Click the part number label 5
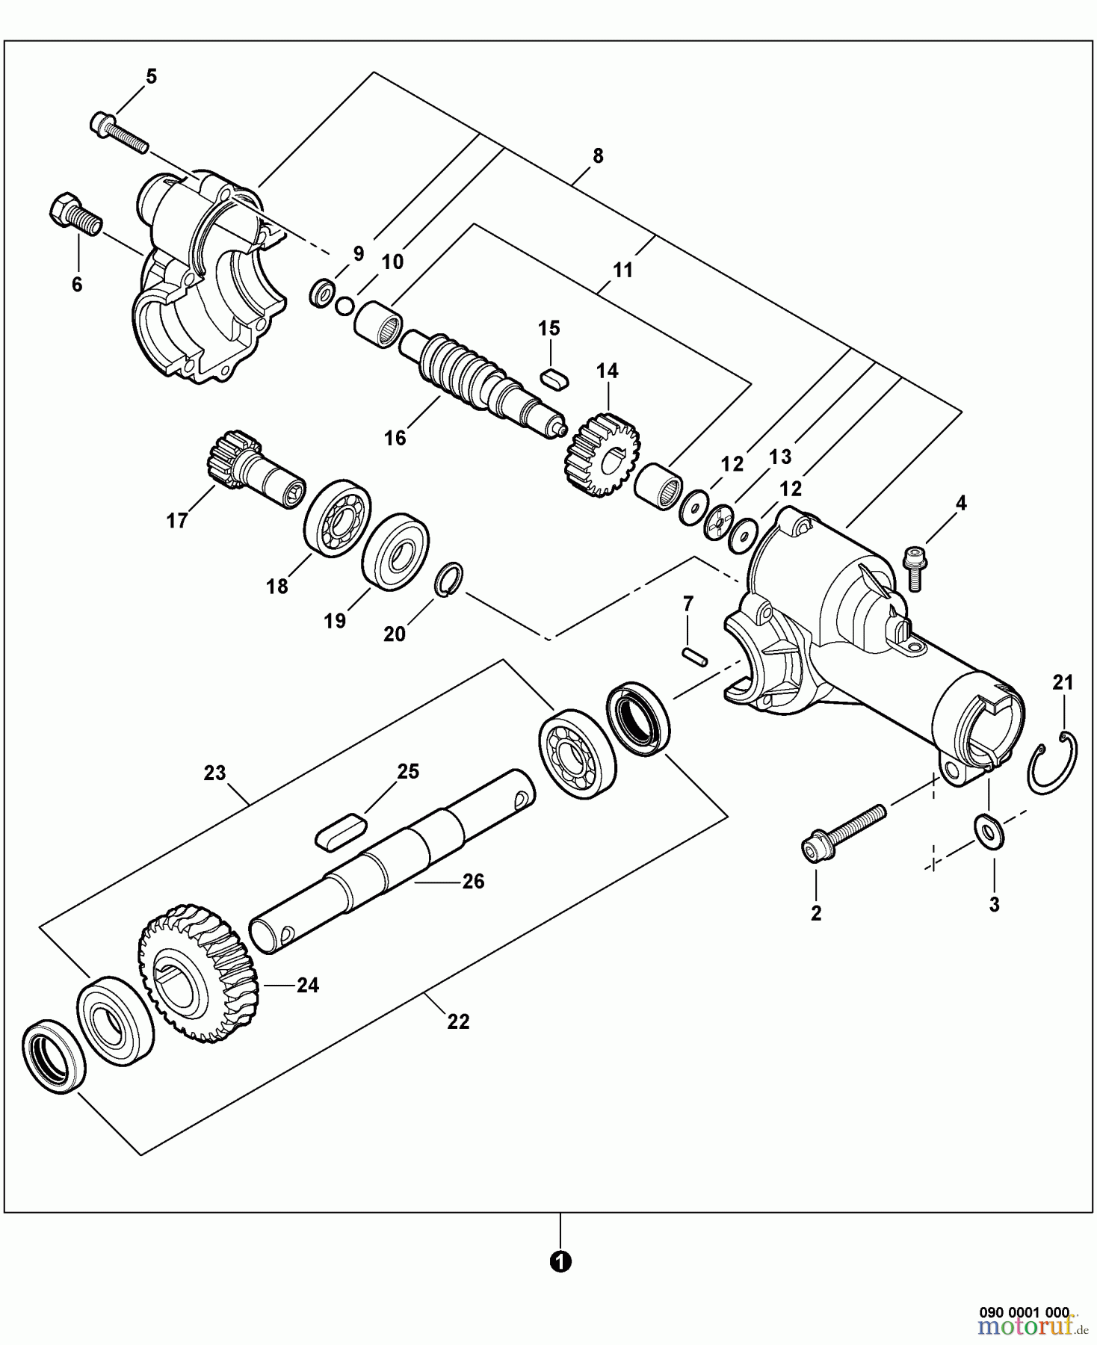(151, 76)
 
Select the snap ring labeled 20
(449, 581)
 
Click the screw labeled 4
(913, 568)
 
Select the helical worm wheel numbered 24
(198, 974)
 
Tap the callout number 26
(473, 882)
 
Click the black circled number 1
(560, 1262)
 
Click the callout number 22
(458, 1021)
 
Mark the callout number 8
(597, 156)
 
